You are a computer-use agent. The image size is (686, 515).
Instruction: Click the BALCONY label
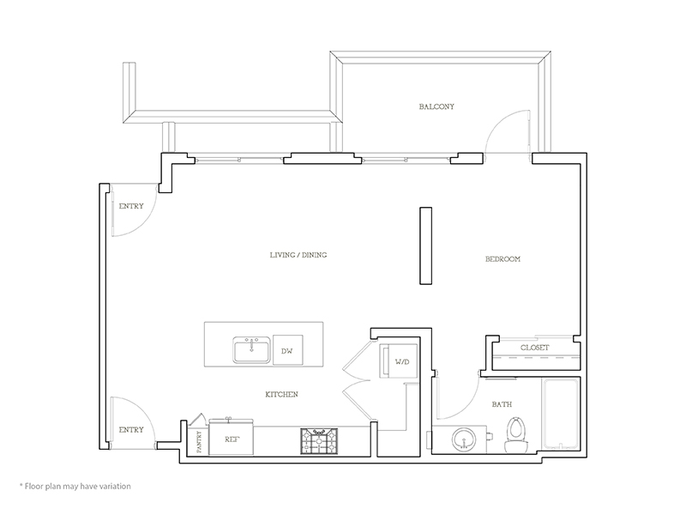[x=436, y=106]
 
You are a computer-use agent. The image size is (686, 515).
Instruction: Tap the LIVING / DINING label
[x=298, y=255]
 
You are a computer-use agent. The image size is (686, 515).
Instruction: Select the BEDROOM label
[x=502, y=259]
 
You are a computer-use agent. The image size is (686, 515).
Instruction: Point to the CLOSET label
[x=534, y=348]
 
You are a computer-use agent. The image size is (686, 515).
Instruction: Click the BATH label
[x=502, y=404]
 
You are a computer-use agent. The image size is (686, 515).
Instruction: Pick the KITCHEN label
[x=282, y=394]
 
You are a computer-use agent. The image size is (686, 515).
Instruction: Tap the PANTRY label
[x=200, y=442]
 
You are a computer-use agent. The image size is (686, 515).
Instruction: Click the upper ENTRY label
[x=131, y=206]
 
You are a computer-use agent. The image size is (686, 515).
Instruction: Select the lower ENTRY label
[x=131, y=430]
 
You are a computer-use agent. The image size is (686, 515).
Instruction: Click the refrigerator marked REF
[x=232, y=438]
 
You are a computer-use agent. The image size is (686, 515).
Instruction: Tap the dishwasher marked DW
[x=287, y=350]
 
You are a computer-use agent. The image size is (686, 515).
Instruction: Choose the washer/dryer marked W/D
[x=398, y=360]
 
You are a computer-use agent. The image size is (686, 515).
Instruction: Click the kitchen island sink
[x=251, y=350]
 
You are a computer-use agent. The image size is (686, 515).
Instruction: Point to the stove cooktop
[x=319, y=441]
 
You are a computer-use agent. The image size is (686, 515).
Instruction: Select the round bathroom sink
[x=463, y=439]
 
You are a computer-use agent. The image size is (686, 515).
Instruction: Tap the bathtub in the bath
[x=561, y=414]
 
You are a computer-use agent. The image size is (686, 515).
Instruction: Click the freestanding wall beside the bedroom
[x=425, y=245]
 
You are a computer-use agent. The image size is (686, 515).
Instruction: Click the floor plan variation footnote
[x=75, y=486]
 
